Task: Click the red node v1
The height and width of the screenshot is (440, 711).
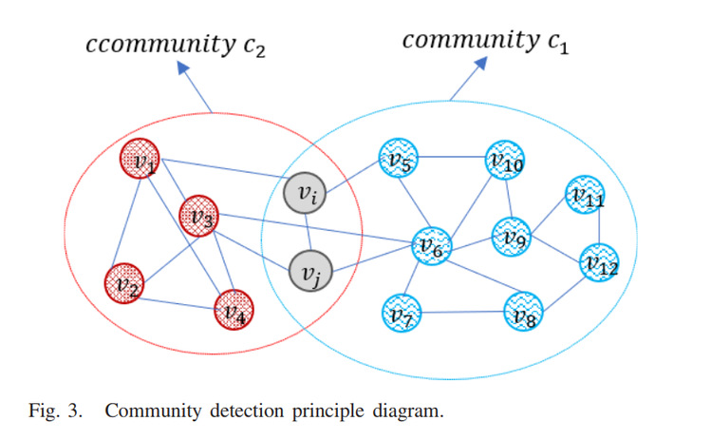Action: coord(140,162)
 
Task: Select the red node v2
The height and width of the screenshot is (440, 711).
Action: coord(124,282)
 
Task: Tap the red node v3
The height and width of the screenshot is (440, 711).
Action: coord(199,216)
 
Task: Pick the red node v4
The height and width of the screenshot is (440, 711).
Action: coord(233,310)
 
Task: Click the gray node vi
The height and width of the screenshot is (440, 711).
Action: coord(306,196)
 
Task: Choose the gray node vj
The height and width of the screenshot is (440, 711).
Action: coord(309,272)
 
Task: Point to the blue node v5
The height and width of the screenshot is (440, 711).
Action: coord(399,162)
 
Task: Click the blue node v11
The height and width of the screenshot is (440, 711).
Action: coord(585,196)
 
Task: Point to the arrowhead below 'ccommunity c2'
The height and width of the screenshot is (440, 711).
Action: coord(179,67)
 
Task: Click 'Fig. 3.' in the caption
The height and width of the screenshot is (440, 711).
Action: coord(61,411)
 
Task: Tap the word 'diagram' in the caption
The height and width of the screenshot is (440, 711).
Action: coord(407,412)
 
